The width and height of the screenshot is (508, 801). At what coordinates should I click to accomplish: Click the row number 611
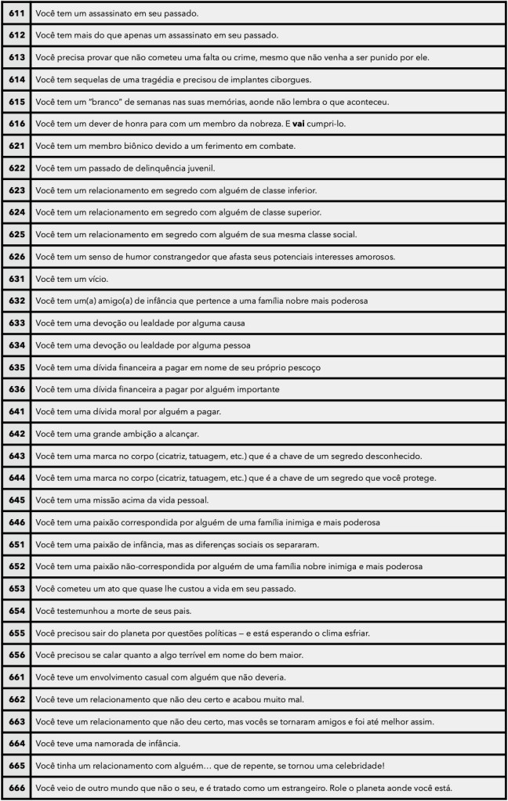(16, 14)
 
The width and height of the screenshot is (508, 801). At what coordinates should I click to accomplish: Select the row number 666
(16, 787)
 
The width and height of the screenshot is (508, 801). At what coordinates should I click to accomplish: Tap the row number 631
(16, 279)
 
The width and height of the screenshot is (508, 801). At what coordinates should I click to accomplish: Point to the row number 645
(16, 500)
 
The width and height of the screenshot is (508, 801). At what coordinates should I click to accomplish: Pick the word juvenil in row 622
(198, 168)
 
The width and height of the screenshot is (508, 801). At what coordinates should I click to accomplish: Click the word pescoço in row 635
(299, 367)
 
